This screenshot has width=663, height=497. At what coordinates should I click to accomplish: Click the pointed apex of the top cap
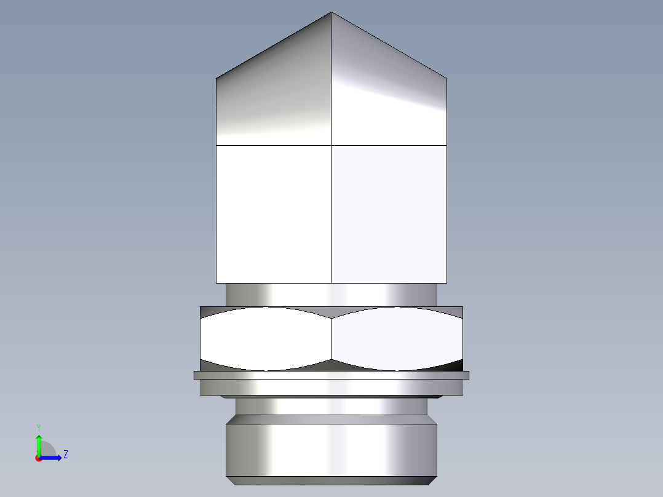tap(331, 14)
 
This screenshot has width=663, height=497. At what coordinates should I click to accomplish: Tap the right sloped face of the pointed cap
tap(387, 92)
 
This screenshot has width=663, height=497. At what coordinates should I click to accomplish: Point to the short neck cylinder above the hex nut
tap(331, 295)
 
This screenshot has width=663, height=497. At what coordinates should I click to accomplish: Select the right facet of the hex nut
tap(397, 338)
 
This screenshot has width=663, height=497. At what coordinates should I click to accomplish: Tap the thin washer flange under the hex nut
tap(331, 375)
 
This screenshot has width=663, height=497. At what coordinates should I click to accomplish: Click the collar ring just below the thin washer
tap(331, 387)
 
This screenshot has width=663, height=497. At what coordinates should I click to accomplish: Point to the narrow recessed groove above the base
tap(331, 405)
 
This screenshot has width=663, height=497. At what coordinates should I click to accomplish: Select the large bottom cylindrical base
tap(331, 449)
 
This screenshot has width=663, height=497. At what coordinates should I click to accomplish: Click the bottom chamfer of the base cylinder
tap(331, 480)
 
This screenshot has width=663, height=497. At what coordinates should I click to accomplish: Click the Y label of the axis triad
tap(38, 427)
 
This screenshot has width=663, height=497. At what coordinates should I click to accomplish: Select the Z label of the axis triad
tap(65, 455)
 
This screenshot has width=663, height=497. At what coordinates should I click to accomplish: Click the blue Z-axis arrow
tap(52, 458)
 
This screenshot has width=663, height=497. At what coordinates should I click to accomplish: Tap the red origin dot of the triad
tap(38, 458)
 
